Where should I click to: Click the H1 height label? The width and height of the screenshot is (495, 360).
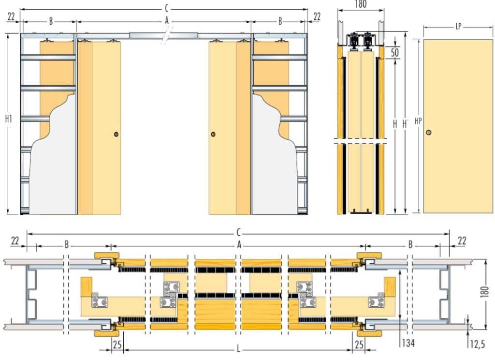pyautogui.click(x=9, y=119)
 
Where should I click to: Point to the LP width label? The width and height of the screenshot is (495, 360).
pyautogui.click(x=458, y=27)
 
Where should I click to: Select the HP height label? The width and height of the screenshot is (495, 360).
pyautogui.click(x=418, y=121)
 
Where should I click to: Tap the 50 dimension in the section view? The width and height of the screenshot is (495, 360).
pyautogui.click(x=394, y=52)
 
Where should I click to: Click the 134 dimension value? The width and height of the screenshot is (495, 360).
pyautogui.click(x=408, y=343)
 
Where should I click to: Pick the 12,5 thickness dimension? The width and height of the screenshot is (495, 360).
pyautogui.click(x=477, y=344)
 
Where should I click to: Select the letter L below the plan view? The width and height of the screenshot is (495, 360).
pyautogui.click(x=238, y=349)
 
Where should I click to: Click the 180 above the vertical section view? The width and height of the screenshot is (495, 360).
pyautogui.click(x=361, y=4)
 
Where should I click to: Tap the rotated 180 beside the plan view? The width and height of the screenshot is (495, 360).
pyautogui.click(x=484, y=291)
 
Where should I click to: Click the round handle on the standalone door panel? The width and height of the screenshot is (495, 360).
pyautogui.click(x=428, y=133)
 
